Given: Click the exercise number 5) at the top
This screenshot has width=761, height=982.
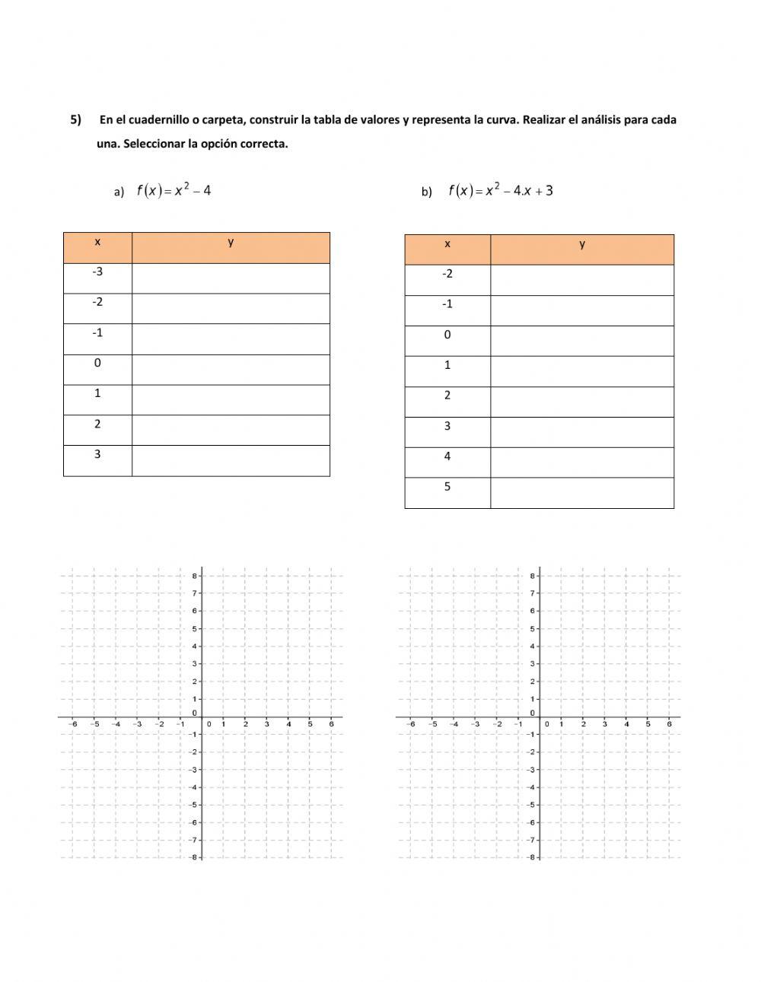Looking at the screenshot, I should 76,119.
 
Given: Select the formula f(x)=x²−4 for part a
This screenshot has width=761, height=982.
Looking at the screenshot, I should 174,190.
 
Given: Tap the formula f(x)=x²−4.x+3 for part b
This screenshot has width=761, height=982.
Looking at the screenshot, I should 500,190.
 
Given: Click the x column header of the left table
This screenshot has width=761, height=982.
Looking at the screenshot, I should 97,242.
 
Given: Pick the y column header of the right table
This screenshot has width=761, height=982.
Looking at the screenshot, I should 582,244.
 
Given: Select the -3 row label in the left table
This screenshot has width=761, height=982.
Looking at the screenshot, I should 97,272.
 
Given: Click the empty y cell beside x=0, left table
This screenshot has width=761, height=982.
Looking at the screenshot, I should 231,370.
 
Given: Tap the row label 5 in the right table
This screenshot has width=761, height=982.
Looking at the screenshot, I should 447,487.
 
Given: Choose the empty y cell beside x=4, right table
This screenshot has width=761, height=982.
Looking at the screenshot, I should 582,462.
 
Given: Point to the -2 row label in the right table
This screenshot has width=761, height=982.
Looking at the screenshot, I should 447,274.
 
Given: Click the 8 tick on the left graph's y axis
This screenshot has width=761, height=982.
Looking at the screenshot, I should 196,576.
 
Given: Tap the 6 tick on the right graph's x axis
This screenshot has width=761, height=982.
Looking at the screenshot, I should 669,724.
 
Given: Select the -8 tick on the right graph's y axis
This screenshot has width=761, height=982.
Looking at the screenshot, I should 532,857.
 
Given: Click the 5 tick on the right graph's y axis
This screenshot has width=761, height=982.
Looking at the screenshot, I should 533,628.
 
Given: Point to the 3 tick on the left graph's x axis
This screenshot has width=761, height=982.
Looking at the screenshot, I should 266,724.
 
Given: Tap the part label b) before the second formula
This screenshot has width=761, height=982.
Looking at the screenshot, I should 426,192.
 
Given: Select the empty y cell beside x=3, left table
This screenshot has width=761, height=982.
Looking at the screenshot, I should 231,461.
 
